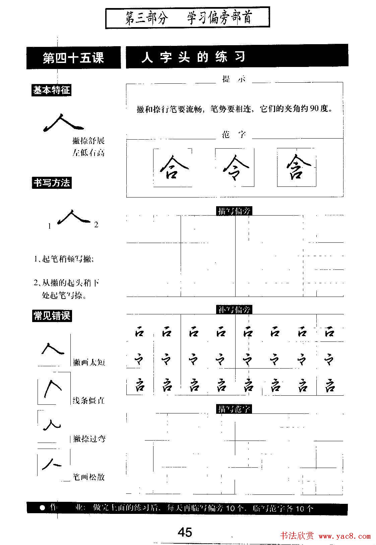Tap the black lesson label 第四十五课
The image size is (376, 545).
pyautogui.click(x=73, y=58)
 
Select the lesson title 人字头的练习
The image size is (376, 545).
pyautogui.click(x=193, y=58)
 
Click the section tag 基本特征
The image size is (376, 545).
pyautogui.click(x=51, y=90)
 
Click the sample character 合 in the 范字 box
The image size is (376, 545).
pyautogui.click(x=172, y=167)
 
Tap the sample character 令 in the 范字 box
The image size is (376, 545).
pyautogui.click(x=235, y=167)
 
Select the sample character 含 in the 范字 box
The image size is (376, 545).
pyautogui.click(x=297, y=167)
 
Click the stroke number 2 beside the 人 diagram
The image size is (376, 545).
pyautogui.click(x=96, y=225)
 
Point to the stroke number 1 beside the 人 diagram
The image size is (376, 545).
pyautogui.click(x=49, y=226)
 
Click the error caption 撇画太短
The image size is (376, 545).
pyautogui.click(x=89, y=362)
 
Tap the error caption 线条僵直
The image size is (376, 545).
pyautogui.click(x=89, y=400)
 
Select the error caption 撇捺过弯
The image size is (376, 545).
pyautogui.click(x=89, y=439)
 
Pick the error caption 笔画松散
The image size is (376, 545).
pyautogui.click(x=89, y=477)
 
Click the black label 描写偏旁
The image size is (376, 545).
pyautogui.click(x=234, y=211)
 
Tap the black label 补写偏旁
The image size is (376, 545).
pyautogui.click(x=234, y=310)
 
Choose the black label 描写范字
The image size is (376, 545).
pyautogui.click(x=234, y=409)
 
